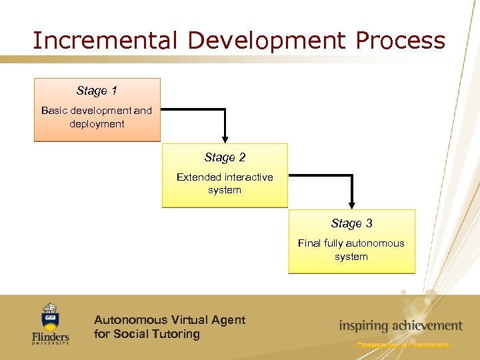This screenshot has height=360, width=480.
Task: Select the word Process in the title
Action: pos(400,41)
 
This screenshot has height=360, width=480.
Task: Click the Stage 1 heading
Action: pos(97,91)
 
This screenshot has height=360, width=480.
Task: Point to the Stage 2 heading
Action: pos(225,157)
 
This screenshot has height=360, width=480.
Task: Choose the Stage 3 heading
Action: pos(351,223)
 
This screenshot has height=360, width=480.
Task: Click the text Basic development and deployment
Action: pos(97,117)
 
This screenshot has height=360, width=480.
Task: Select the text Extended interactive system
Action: pos(225,183)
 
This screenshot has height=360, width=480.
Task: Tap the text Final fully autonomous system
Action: pos(351,250)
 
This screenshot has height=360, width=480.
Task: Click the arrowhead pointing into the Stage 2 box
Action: pos(225,139)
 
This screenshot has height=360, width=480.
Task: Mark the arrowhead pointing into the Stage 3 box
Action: pos(351,205)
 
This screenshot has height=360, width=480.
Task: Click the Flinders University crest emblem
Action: pos(50,317)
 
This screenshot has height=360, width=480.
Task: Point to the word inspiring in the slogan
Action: pos(363,326)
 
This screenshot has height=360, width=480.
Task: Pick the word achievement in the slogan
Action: pos(425,326)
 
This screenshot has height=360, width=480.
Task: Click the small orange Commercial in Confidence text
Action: pos(402,345)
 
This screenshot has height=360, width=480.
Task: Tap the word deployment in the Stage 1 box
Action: pos(97,124)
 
